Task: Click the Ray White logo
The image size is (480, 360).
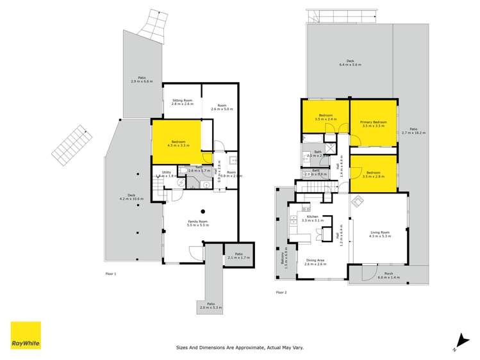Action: (x=26, y=336)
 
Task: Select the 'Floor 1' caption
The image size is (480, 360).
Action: (x=110, y=274)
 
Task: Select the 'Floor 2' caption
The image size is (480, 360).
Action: (x=281, y=292)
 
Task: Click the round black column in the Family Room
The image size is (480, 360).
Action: (x=203, y=211)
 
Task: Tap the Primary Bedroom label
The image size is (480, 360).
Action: (x=373, y=124)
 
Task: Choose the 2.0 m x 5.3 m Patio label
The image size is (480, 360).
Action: (x=211, y=306)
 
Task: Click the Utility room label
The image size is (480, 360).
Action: (x=165, y=173)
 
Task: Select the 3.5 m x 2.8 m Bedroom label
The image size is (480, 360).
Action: (x=372, y=174)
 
